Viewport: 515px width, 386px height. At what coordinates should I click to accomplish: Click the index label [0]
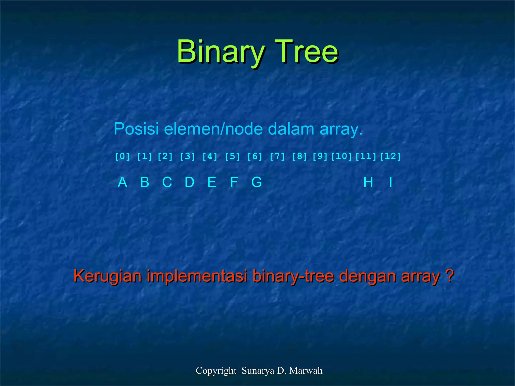pyautogui.click(x=122, y=156)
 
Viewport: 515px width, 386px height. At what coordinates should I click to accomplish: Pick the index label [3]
pyautogui.click(x=188, y=156)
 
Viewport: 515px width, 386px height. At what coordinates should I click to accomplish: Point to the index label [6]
pyautogui.click(x=255, y=156)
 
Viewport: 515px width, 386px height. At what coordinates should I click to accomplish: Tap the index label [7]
pyautogui.click(x=277, y=156)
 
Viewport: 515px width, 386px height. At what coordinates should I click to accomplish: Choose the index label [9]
pyautogui.click(x=320, y=156)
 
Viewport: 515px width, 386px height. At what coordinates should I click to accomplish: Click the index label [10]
pyautogui.click(x=341, y=156)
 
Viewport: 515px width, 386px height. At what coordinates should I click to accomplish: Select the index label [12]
pyautogui.click(x=390, y=156)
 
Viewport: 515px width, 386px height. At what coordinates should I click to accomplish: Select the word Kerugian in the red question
pyautogui.click(x=108, y=276)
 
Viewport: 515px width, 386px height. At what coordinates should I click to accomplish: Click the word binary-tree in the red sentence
pyautogui.click(x=293, y=276)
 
